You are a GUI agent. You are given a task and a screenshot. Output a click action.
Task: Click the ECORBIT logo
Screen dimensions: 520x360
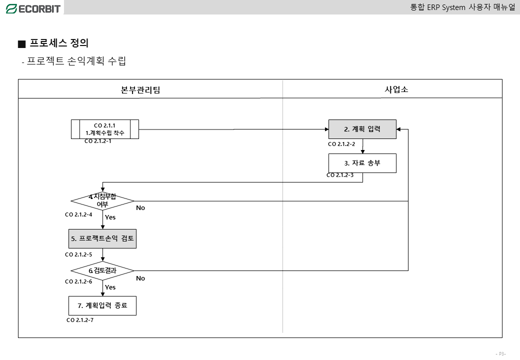(x=33, y=8)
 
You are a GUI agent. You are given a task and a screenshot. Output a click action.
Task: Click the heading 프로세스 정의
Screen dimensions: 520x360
(x=59, y=43)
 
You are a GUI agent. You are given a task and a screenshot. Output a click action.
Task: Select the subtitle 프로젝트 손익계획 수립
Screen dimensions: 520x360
(x=76, y=61)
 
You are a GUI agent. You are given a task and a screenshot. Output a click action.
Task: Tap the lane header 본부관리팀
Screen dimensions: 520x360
(x=140, y=90)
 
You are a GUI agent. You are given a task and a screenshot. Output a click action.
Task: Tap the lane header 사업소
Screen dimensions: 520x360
(x=396, y=89)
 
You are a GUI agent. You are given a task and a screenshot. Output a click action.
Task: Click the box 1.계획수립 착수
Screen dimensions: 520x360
(x=105, y=129)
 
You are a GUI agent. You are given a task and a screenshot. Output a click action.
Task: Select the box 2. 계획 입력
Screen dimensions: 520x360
(x=362, y=129)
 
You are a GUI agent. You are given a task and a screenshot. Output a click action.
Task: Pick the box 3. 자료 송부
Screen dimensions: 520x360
(x=362, y=163)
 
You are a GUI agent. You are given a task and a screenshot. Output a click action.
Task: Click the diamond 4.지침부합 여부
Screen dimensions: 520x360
(x=102, y=201)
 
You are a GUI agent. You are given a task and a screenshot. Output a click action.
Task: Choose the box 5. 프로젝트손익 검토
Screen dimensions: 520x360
(x=102, y=238)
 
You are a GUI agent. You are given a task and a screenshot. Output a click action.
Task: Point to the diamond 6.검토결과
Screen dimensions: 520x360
(x=102, y=271)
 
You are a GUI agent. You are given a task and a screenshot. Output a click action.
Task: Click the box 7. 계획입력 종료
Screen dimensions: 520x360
(x=102, y=305)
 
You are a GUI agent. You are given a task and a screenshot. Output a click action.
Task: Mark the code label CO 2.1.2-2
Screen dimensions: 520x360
(x=341, y=144)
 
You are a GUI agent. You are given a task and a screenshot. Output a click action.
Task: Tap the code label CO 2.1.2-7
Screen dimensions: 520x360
(x=80, y=320)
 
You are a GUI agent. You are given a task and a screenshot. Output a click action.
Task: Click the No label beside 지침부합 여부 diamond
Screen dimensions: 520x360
(x=140, y=208)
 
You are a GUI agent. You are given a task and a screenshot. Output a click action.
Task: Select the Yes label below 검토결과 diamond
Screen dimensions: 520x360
(x=110, y=287)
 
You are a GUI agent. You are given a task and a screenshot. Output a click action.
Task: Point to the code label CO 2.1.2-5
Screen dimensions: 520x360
(x=78, y=254)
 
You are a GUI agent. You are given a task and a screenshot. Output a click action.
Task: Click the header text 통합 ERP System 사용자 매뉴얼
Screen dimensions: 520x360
(x=463, y=7)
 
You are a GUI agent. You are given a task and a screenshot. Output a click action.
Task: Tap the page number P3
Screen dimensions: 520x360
(x=501, y=354)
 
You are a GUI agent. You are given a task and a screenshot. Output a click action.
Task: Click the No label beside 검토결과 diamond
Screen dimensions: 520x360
(x=140, y=278)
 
